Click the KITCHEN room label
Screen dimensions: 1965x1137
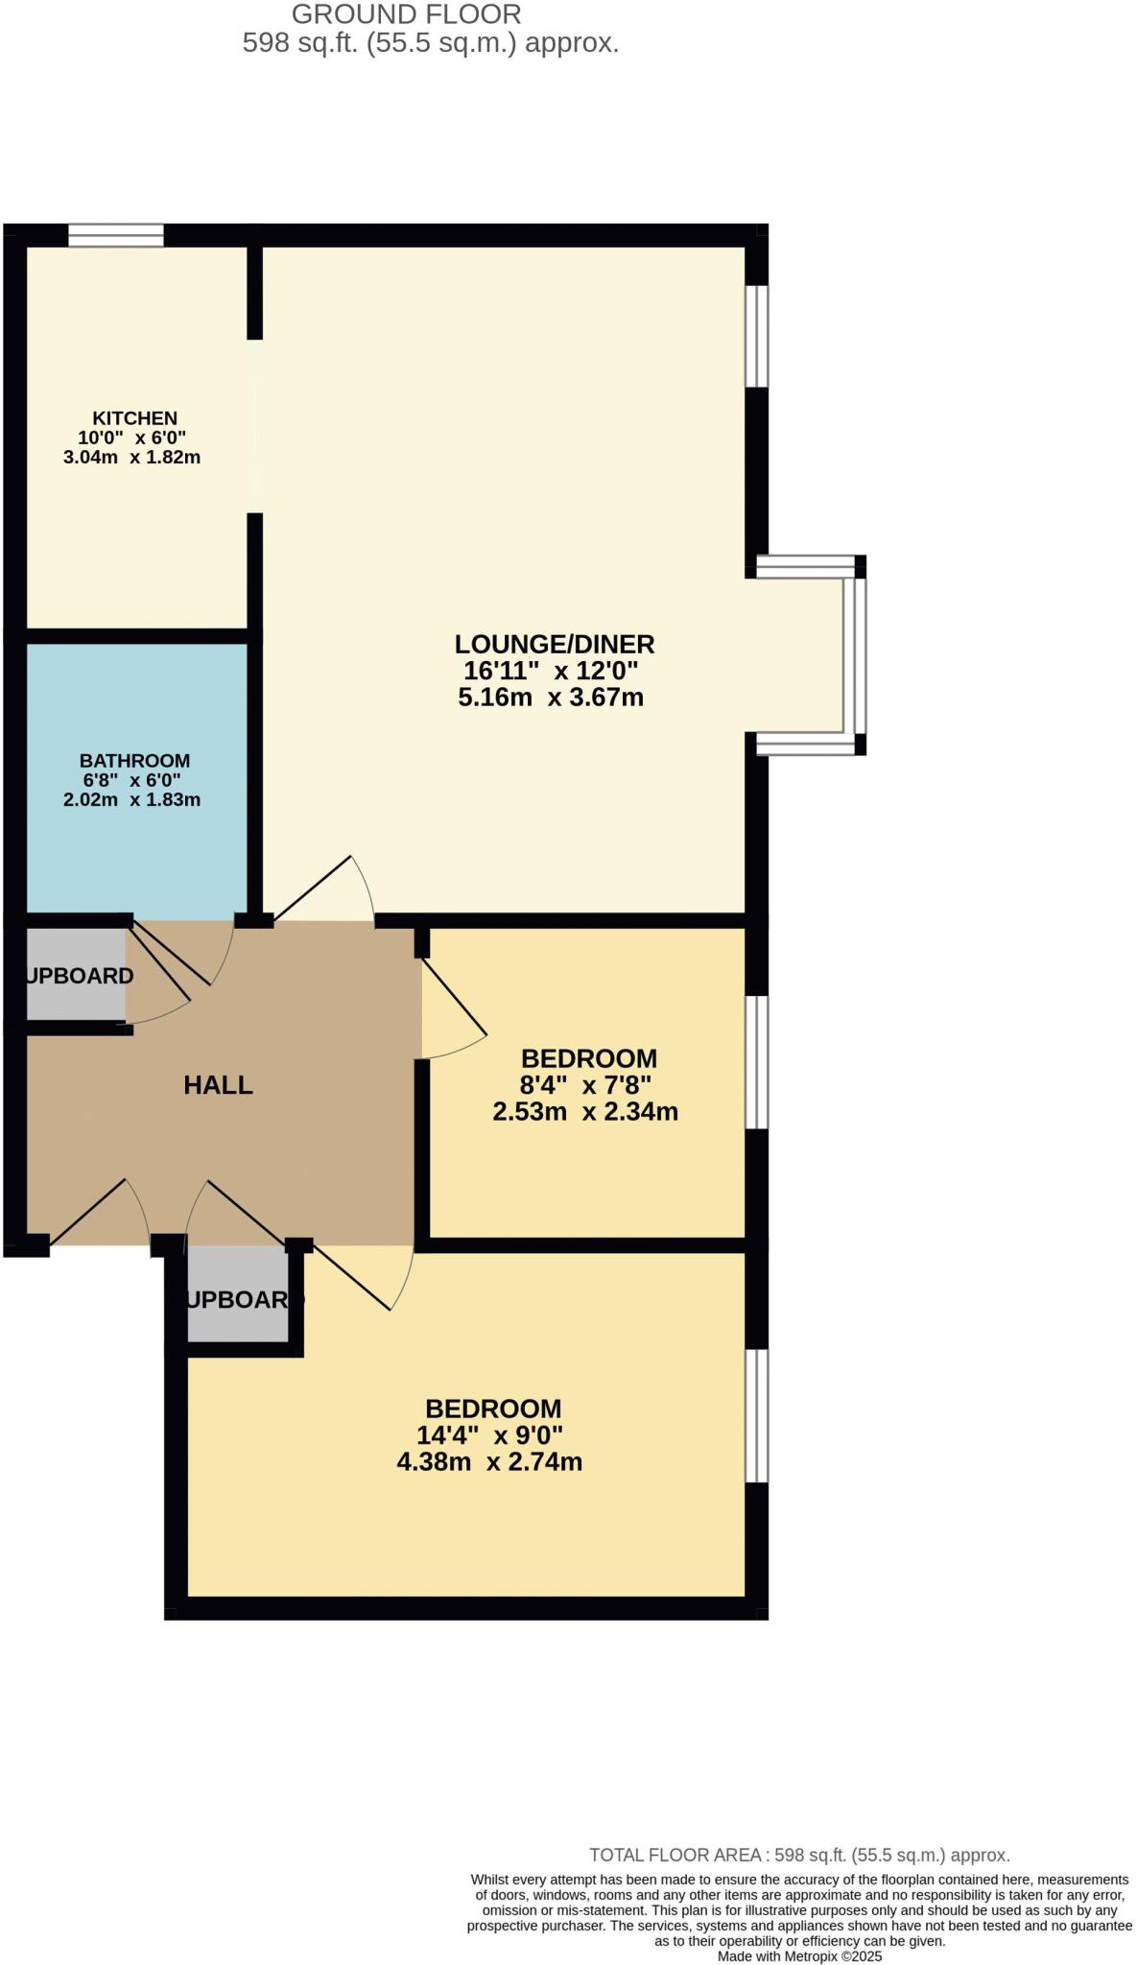tap(134, 418)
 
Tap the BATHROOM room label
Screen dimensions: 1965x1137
tap(134, 761)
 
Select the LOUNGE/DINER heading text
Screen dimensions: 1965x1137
tap(555, 644)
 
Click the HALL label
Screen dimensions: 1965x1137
tap(218, 1085)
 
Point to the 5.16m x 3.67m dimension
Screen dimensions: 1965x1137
tap(551, 698)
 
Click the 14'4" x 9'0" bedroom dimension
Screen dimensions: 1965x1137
tap(489, 1435)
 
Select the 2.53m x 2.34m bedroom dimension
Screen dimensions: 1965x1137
tap(585, 1112)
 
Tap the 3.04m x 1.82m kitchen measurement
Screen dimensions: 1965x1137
tap(131, 457)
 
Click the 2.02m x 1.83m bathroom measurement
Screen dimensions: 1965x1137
tap(131, 799)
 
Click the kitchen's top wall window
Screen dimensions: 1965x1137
tap(115, 235)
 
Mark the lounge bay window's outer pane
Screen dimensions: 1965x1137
tap(860, 654)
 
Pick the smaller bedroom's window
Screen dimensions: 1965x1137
tap(757, 1061)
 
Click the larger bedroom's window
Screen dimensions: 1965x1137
tap(757, 1415)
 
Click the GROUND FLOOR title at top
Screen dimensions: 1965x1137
tap(407, 14)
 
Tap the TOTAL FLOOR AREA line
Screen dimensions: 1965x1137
tap(799, 1856)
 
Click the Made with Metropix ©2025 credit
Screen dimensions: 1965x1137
tap(799, 1956)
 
